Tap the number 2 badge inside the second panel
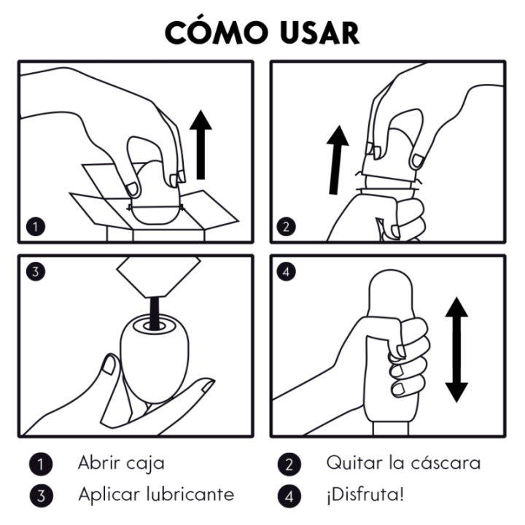[287, 225]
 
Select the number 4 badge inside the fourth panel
[287, 273]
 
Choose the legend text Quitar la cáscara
[402, 462]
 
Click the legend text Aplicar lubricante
[156, 494]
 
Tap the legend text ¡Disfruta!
[364, 494]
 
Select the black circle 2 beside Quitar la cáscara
[289, 463]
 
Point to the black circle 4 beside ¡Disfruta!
[289, 495]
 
